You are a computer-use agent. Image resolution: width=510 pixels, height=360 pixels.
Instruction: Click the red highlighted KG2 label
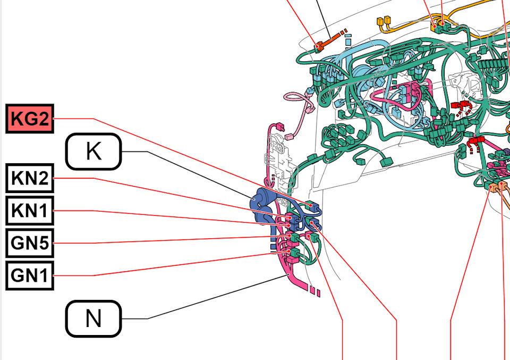point(30,119)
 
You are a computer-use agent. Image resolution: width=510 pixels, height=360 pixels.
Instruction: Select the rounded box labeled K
point(93,152)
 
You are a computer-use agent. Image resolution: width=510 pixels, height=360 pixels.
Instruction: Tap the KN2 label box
point(30,178)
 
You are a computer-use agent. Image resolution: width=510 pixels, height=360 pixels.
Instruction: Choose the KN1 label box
point(30,211)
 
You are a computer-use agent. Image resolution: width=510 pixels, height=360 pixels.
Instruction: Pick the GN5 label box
point(30,243)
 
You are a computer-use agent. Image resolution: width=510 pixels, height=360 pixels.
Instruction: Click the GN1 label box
point(30,275)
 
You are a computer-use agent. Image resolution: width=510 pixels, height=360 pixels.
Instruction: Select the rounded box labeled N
point(93,319)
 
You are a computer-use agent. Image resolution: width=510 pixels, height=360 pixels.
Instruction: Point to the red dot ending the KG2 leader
point(311,205)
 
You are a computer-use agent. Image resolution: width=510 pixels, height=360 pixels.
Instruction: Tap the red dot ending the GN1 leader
point(288,252)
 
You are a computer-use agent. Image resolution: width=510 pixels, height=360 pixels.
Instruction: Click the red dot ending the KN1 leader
point(288,225)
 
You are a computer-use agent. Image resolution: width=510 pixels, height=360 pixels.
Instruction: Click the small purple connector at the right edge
point(507,152)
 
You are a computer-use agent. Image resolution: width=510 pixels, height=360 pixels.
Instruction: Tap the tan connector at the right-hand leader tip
point(503,186)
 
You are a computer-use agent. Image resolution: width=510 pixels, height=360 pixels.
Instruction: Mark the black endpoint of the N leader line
point(289,275)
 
